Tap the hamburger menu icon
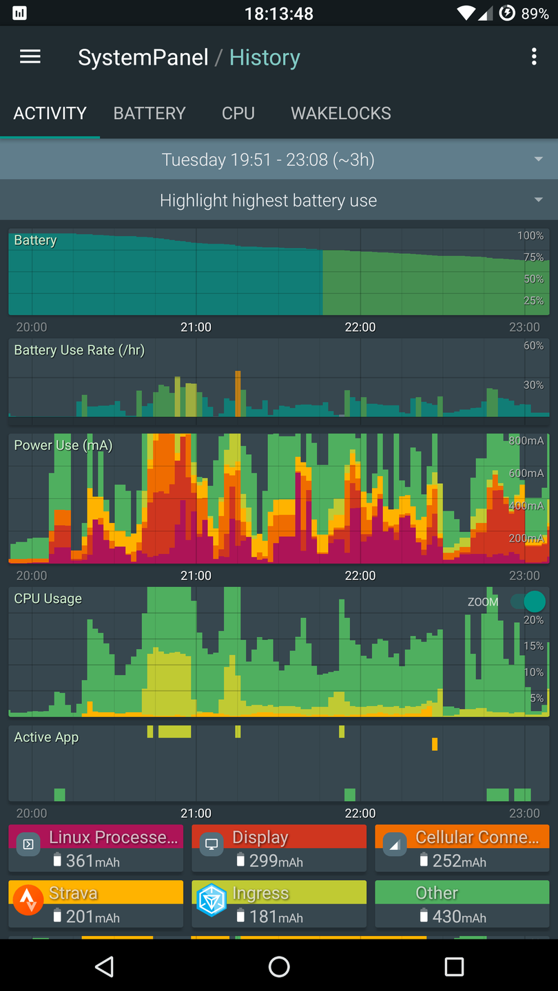click(30, 57)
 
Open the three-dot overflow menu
click(534, 57)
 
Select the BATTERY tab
click(149, 114)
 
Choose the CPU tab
click(238, 114)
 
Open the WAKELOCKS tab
click(341, 114)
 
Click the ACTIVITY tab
click(50, 114)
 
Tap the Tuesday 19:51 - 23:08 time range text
click(268, 160)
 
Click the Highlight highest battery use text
click(268, 201)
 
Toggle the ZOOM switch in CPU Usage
click(528, 601)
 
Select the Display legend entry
click(279, 848)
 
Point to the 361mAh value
click(92, 861)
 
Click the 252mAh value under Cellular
click(459, 861)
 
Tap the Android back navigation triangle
click(104, 967)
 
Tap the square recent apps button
click(454, 967)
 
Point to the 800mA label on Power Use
click(526, 441)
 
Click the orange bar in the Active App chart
click(435, 744)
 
